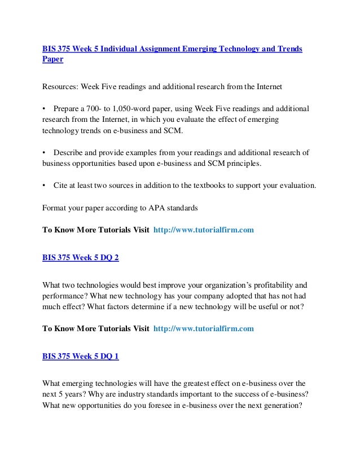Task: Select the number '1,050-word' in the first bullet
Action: (145, 108)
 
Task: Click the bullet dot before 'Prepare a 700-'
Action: (45, 108)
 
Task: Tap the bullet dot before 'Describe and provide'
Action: (45, 152)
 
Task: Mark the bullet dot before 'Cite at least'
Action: (45, 185)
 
